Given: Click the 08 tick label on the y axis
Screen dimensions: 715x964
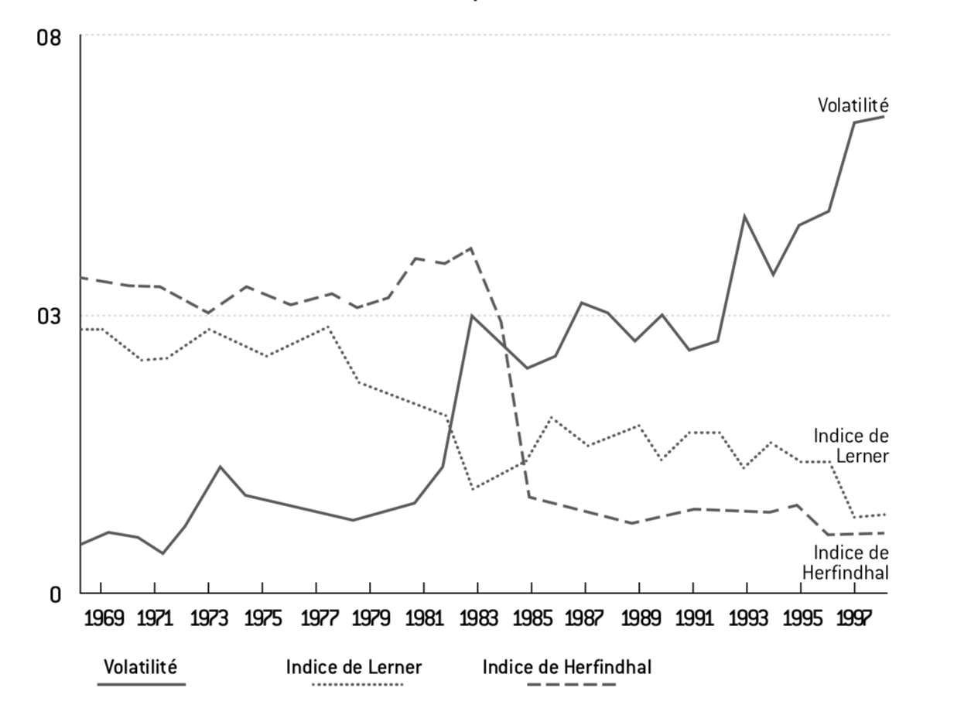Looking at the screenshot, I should coord(49,36).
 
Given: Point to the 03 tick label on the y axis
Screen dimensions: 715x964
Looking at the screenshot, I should coord(49,316).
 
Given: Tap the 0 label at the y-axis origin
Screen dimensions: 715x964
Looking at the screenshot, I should coord(55,594).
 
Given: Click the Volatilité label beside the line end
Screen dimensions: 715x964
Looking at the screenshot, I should coord(853,105).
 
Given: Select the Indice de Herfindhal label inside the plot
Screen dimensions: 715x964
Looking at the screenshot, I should coord(846,563).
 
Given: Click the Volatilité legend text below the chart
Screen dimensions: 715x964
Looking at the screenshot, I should coord(141,666).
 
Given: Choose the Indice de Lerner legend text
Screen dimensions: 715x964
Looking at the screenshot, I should coord(354,666).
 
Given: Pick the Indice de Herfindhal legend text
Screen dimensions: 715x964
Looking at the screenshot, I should coord(567,666).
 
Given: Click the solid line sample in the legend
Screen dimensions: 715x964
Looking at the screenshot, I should coord(142,685).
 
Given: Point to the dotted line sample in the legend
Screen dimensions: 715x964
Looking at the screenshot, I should coord(357,685).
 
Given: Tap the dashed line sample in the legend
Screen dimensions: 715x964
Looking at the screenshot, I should coord(571,685).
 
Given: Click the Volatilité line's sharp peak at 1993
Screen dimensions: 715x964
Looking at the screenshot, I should coord(744,217).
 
